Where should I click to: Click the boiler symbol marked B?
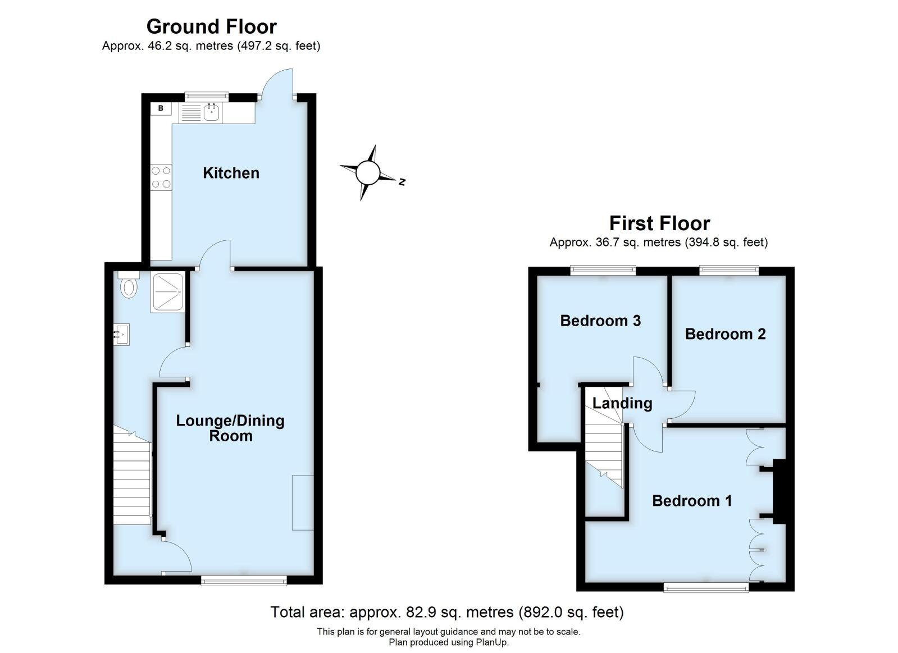161,108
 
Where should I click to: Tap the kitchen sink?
212,112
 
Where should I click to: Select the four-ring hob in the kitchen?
161,177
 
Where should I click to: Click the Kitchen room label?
231,172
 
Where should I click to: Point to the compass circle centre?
368,172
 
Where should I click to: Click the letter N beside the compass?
402,182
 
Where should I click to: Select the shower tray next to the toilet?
167,293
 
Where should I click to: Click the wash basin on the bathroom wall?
121,334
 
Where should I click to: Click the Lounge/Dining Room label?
230,428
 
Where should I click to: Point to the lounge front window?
244,581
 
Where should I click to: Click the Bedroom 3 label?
600,321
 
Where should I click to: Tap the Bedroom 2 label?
725,334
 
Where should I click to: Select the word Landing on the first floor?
622,403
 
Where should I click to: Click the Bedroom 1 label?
692,500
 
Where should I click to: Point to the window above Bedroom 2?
729,271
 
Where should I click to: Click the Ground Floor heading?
211,26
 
